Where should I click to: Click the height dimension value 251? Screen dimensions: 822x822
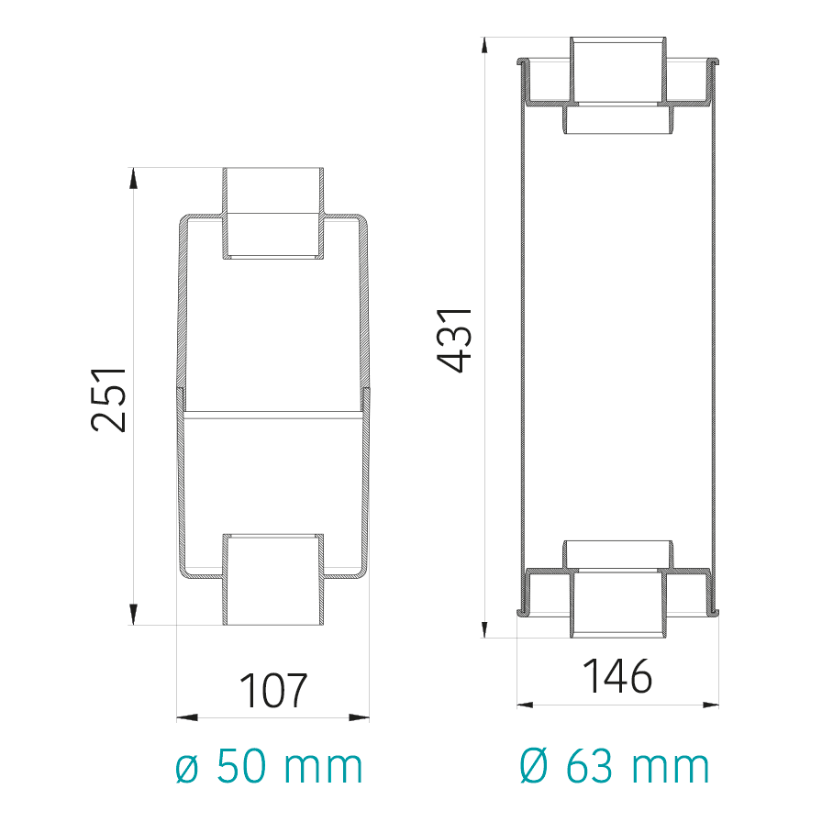point(108,399)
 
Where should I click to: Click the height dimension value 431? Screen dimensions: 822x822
point(454,340)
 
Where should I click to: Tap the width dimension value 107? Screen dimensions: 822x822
point(272,691)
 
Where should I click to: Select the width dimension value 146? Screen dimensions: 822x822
point(617,676)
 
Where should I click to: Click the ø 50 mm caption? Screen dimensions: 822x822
point(269,766)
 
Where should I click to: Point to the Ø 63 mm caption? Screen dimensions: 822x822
point(615,766)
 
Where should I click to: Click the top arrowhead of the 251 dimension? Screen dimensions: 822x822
point(133,178)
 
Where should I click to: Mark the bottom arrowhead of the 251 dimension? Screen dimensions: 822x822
point(133,615)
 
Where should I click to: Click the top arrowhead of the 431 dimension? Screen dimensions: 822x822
point(485,46)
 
